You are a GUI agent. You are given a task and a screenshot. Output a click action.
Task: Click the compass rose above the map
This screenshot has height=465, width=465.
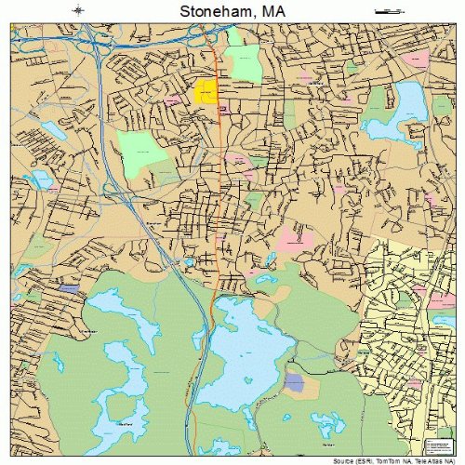pyautogui.click(x=78, y=10)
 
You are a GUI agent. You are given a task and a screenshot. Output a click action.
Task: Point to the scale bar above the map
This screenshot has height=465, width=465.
pyautogui.click(x=383, y=10)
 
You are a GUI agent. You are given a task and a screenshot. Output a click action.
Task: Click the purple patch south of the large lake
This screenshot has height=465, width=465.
pyautogui.click(x=294, y=381)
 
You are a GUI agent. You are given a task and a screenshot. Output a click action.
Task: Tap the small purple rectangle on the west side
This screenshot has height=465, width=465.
pyautogui.click(x=68, y=289)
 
